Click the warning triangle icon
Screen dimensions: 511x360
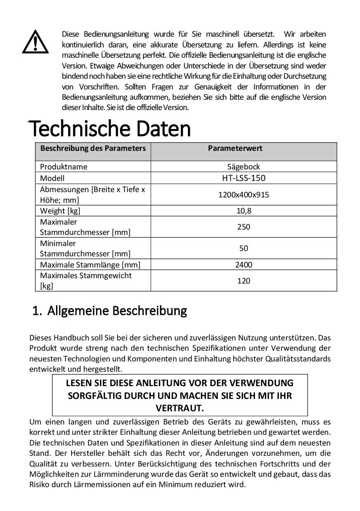click(x=35, y=42)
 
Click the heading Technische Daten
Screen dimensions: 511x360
click(x=110, y=129)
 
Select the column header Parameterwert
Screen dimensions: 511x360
click(x=235, y=148)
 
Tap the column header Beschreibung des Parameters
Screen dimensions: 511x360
click(x=93, y=148)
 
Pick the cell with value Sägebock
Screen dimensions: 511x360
click(x=243, y=167)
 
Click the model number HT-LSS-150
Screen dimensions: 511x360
click(x=243, y=178)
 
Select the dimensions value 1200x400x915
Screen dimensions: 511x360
click(x=243, y=195)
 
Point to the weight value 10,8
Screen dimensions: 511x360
click(x=243, y=211)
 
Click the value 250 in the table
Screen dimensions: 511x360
click(x=243, y=227)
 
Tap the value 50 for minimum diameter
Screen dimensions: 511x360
click(x=243, y=248)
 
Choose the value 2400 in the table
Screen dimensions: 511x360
click(x=243, y=265)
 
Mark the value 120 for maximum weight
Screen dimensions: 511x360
click(x=243, y=281)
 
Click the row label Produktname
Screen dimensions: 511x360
click(x=63, y=167)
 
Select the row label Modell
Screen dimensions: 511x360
click(x=52, y=178)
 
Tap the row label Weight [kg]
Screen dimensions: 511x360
click(x=60, y=211)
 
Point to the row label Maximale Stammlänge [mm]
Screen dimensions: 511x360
click(x=90, y=265)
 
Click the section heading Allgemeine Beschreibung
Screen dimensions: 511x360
click(x=117, y=310)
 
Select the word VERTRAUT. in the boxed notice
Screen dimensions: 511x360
click(x=180, y=408)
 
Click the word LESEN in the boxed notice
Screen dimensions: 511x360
click(x=77, y=383)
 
